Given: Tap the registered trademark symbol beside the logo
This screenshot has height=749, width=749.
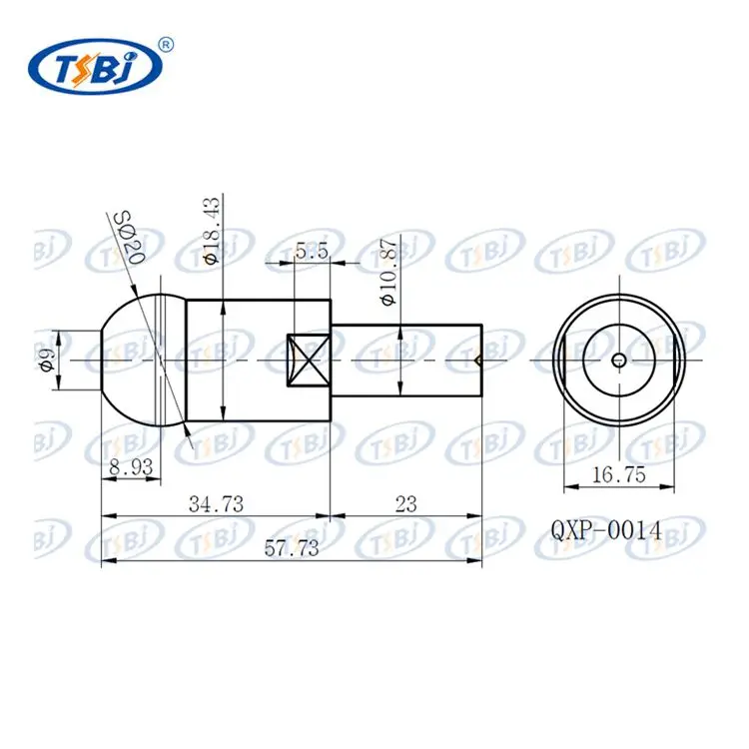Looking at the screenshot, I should (x=167, y=43).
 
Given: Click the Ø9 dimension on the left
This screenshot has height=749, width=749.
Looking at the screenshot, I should (x=46, y=360).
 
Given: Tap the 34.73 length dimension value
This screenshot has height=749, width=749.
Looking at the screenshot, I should (x=216, y=504).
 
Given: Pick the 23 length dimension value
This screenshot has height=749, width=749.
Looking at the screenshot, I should (x=405, y=504).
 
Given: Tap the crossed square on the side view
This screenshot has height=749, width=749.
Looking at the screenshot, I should (x=309, y=360).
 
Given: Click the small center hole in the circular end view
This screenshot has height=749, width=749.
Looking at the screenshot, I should (x=619, y=360).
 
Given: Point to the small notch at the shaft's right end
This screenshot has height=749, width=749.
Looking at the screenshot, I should (x=480, y=360).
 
